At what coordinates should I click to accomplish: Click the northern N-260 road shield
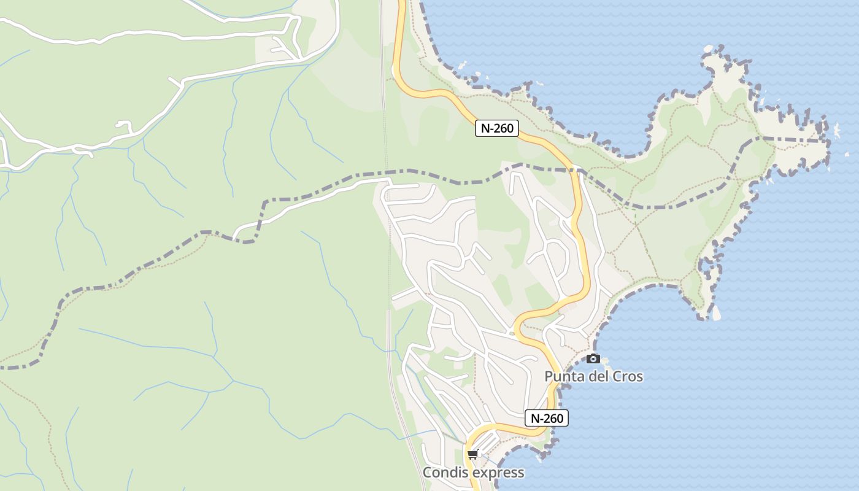coord(497,128)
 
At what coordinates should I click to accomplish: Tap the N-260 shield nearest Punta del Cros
coord(547,419)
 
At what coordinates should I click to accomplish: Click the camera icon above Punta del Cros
coord(593,358)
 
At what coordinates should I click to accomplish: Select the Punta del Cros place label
coord(593,376)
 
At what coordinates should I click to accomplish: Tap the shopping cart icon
coord(472,455)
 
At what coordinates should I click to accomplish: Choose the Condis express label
coord(473,473)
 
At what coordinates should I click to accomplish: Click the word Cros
coord(626,376)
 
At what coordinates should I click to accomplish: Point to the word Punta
coord(564,376)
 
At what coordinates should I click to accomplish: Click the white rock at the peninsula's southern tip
coord(716,313)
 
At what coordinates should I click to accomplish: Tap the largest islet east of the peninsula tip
coord(835,130)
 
